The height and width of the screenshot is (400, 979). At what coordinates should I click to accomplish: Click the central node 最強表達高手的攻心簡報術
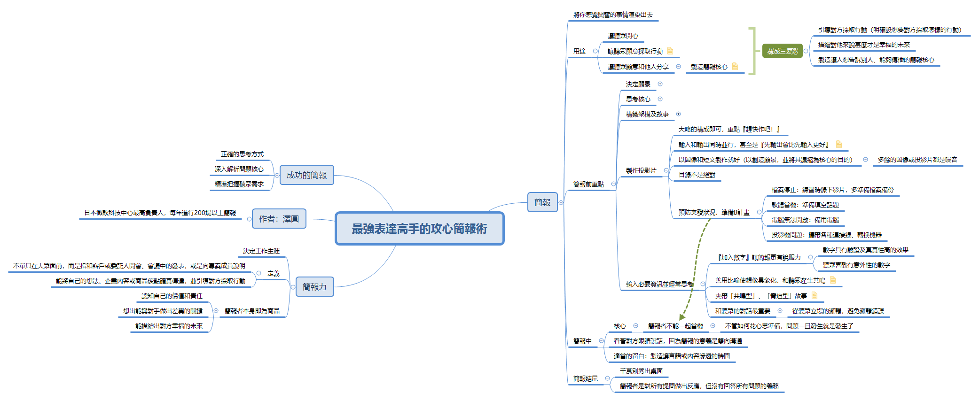(x=419, y=229)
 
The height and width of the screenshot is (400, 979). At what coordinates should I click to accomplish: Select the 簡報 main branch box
(x=542, y=202)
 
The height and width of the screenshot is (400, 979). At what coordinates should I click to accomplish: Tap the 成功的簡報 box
(x=306, y=175)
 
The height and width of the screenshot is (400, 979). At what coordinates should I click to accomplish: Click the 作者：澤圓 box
(x=279, y=219)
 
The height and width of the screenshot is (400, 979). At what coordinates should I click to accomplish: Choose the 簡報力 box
(x=314, y=287)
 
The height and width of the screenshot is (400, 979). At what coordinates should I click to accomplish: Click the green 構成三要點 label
(x=783, y=51)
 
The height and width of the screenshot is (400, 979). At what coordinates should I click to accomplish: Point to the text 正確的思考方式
(x=242, y=154)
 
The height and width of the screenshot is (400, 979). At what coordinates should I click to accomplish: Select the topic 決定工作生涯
(x=261, y=251)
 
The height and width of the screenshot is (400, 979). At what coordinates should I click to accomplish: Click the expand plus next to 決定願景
(x=660, y=84)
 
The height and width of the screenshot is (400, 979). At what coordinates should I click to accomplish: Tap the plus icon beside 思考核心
(x=660, y=99)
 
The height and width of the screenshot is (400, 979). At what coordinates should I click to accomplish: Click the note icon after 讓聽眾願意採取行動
(x=670, y=51)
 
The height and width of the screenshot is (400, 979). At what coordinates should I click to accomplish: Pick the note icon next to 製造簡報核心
(x=735, y=66)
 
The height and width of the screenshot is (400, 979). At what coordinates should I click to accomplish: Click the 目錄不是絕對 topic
(x=697, y=175)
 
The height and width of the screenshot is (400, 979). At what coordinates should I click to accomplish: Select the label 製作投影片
(x=641, y=170)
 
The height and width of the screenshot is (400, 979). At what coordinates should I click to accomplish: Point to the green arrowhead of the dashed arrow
(x=682, y=317)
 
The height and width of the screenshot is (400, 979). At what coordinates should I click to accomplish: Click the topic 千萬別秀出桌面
(x=641, y=371)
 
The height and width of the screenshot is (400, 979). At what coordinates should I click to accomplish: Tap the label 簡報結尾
(x=585, y=378)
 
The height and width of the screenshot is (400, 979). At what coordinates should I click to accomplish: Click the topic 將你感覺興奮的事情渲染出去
(x=612, y=15)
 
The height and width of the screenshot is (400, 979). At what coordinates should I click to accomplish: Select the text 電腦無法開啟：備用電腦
(x=805, y=220)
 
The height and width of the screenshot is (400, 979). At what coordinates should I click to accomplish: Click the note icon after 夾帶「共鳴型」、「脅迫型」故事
(x=815, y=295)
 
